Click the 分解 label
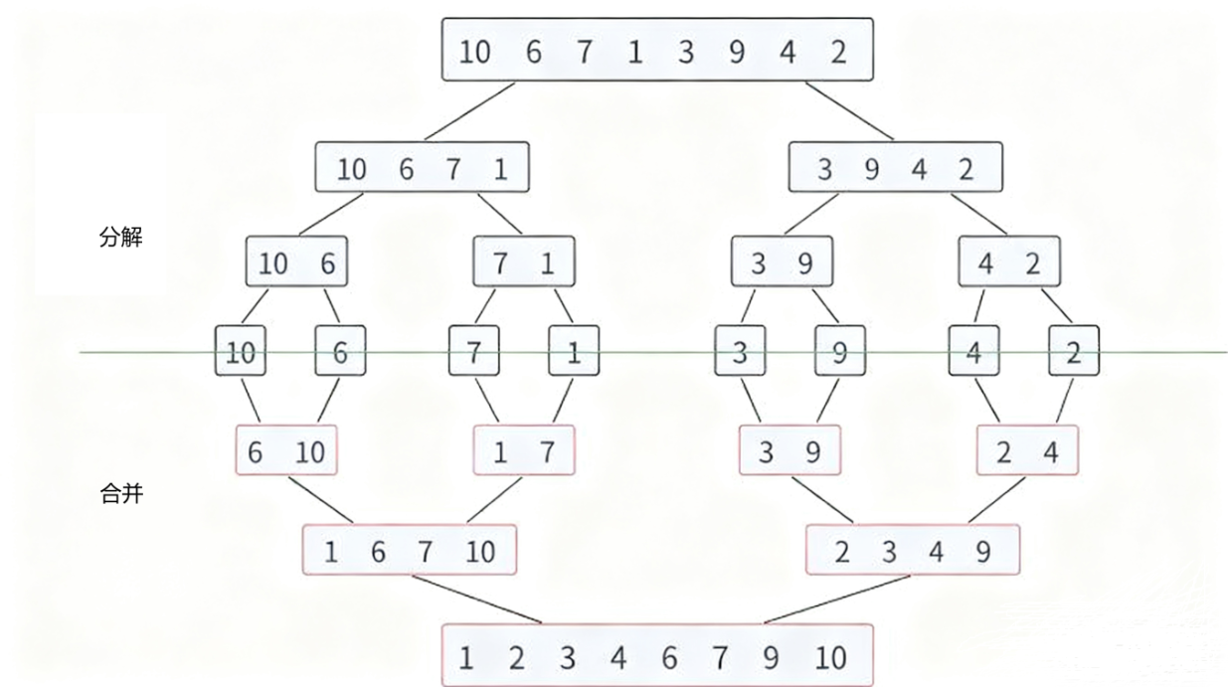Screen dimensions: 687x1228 (x=120, y=239)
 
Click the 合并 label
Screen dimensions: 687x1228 (x=120, y=493)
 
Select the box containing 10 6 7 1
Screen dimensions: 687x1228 (x=422, y=168)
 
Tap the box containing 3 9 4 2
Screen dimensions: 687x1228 (x=895, y=168)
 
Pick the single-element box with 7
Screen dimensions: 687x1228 (x=473, y=351)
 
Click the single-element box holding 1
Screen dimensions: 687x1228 (x=574, y=351)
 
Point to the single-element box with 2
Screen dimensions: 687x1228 (x=1073, y=351)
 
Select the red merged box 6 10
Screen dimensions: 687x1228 (x=286, y=451)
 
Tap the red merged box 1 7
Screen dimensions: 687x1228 (x=523, y=451)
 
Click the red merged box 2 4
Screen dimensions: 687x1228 (x=1027, y=451)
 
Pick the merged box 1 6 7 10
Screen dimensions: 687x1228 (x=410, y=550)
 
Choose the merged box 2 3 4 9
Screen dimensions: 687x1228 (x=913, y=550)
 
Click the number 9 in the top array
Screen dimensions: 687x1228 (x=736, y=52)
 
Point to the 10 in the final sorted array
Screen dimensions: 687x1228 (x=830, y=657)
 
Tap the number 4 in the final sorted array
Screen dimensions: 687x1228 (x=618, y=657)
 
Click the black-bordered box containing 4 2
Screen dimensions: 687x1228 (x=1008, y=262)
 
